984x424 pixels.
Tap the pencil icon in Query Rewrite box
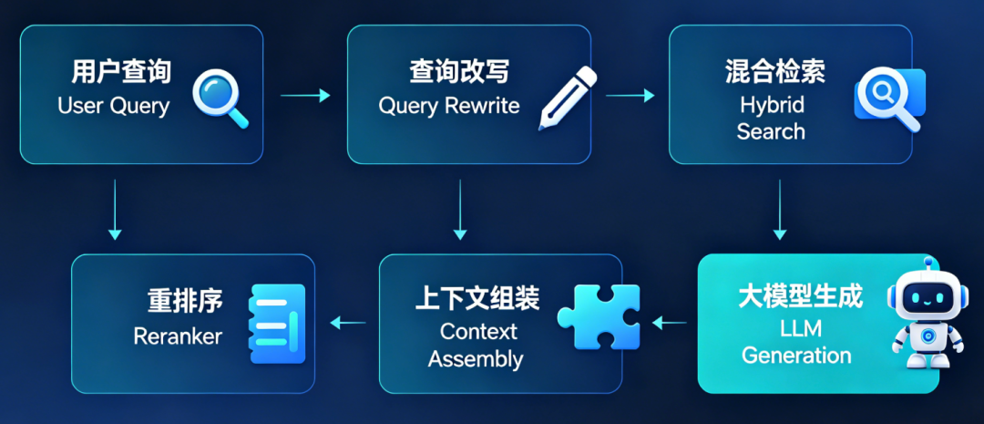[x=568, y=98]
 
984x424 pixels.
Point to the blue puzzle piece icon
[x=599, y=316]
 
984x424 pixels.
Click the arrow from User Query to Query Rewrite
[x=305, y=96]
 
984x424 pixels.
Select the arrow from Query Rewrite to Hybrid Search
[x=630, y=96]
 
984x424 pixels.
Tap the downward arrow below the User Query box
[x=114, y=210]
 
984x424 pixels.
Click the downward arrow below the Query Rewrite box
[x=460, y=210]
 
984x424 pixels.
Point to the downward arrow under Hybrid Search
[x=779, y=210]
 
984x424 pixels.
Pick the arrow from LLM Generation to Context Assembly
[x=670, y=324]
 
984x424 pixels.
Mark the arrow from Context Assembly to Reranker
[x=348, y=324]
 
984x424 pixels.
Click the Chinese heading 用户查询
[x=120, y=72]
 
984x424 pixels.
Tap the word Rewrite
[x=482, y=105]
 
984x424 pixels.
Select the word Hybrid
[x=772, y=105]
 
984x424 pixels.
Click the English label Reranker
[x=178, y=336]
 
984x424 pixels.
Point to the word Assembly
[x=475, y=358]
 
